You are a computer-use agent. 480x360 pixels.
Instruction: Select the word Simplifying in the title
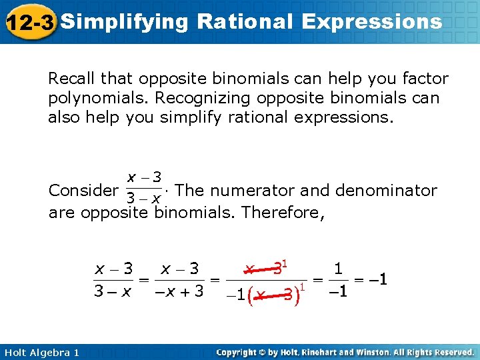coord(125,22)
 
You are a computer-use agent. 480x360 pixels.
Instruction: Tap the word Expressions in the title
coord(371,22)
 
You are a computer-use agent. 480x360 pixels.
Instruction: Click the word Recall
coord(70,79)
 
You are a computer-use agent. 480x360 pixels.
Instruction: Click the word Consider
coord(82,191)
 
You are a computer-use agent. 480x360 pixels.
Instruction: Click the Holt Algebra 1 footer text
coord(40,352)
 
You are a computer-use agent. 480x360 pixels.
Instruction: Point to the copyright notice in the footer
coord(345,352)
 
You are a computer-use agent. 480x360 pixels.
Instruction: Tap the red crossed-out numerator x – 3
coord(265,269)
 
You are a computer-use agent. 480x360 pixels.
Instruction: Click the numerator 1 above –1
coord(338,269)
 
